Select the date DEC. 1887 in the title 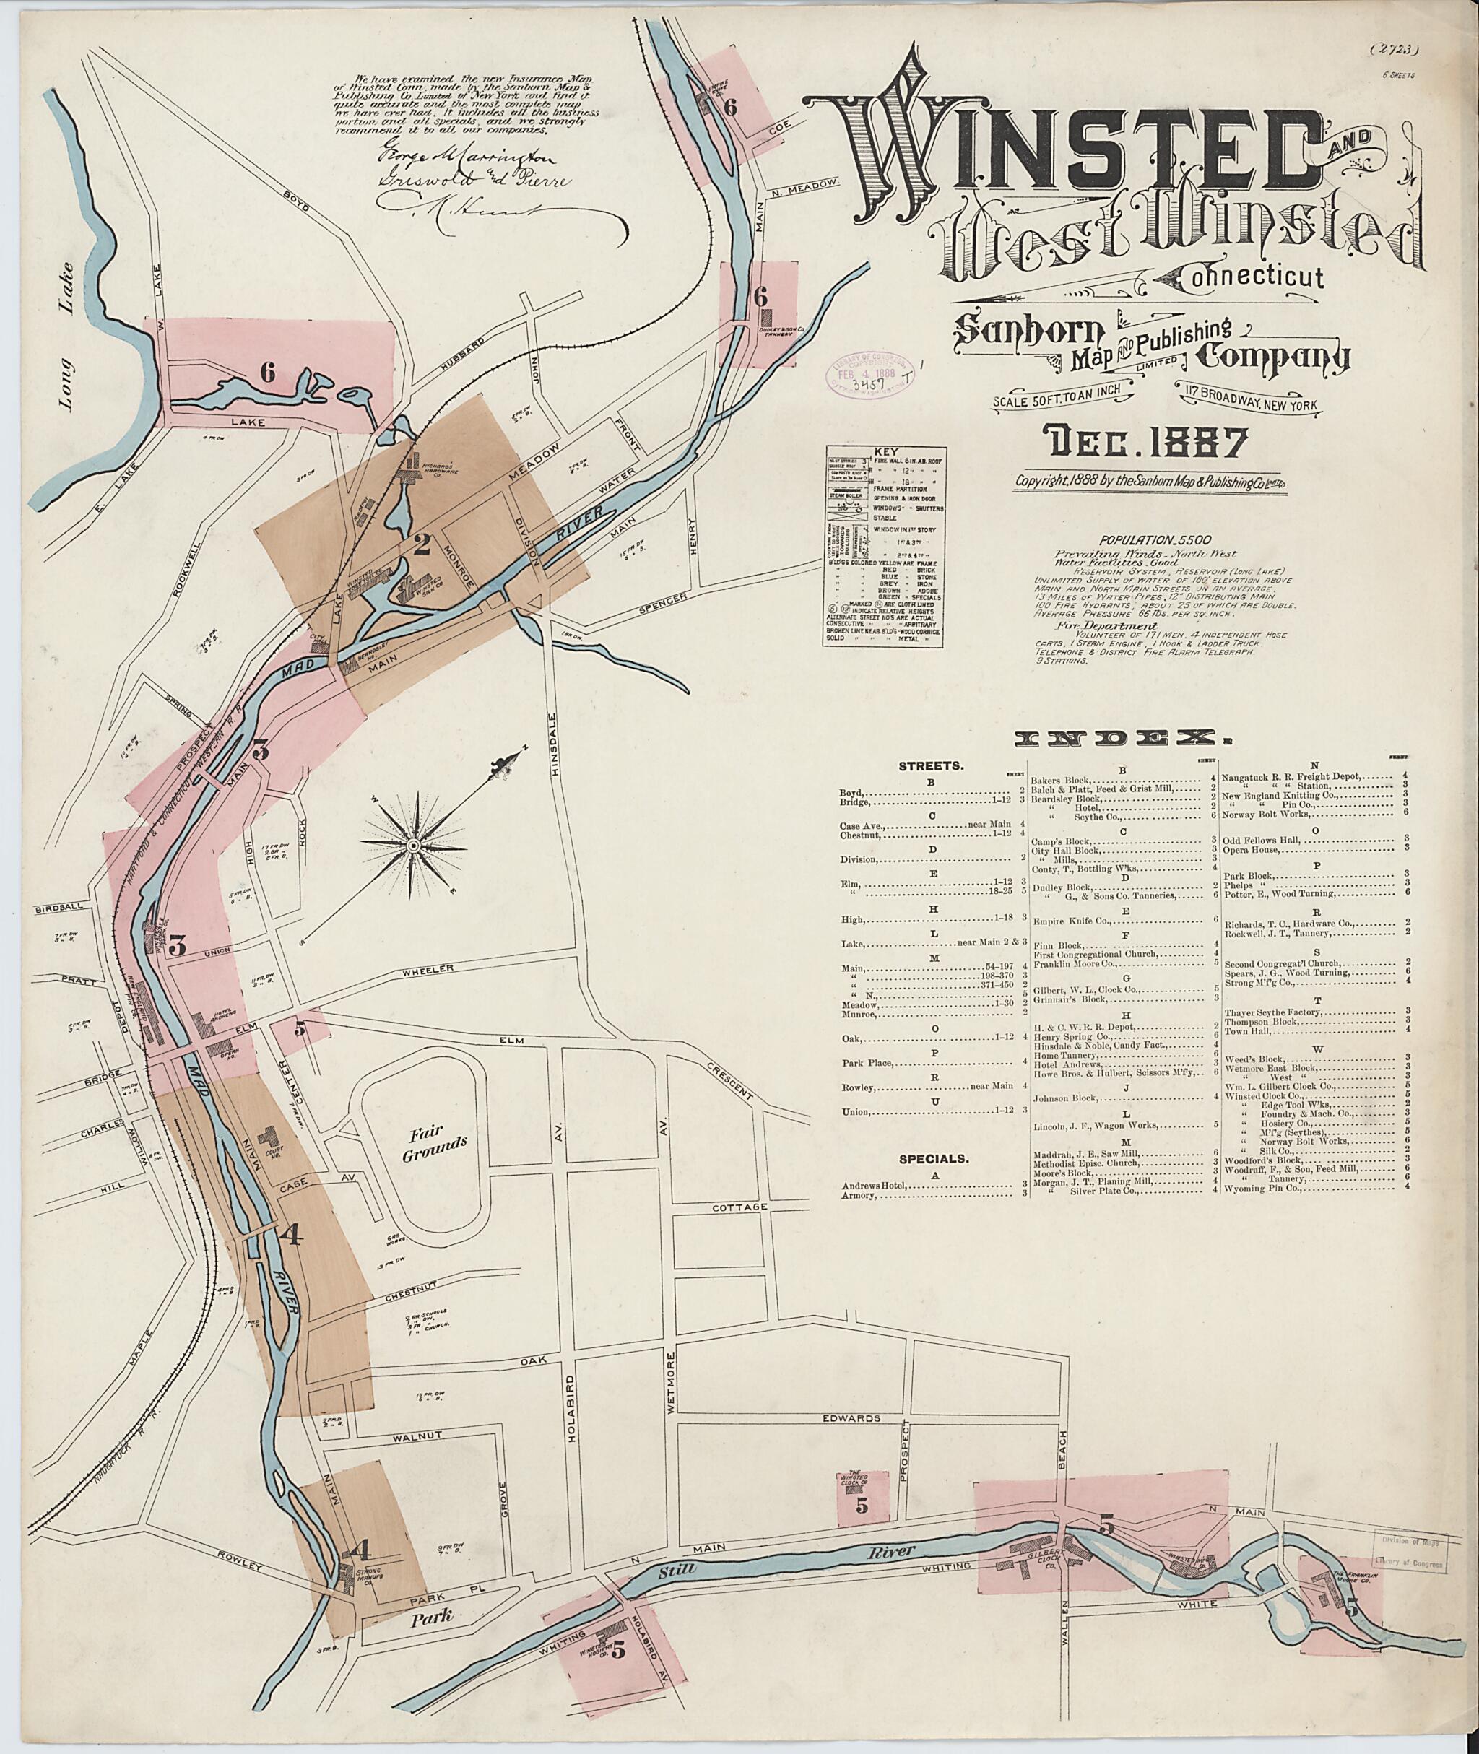[x=1142, y=443]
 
